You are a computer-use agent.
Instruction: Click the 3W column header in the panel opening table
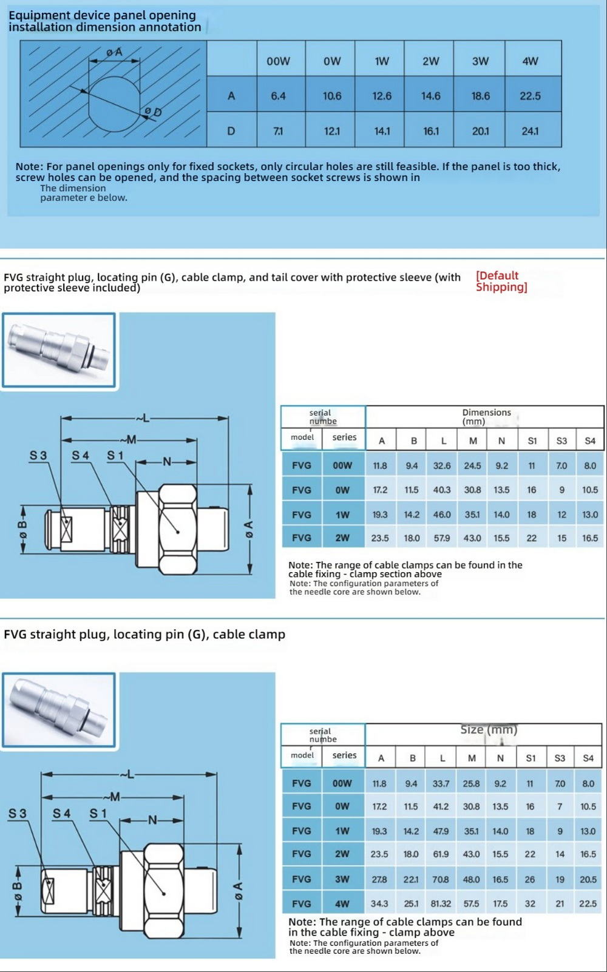point(480,61)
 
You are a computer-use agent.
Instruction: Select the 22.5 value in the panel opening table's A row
point(530,96)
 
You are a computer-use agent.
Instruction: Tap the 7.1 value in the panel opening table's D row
point(278,131)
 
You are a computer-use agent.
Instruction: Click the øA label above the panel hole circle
point(114,53)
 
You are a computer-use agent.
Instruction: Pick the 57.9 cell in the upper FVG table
point(442,538)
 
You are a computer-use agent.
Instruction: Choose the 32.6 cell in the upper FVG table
point(442,466)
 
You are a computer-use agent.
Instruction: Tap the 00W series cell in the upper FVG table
point(342,466)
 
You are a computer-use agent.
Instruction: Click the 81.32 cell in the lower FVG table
point(441,903)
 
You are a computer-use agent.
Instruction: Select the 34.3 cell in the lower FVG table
point(379,903)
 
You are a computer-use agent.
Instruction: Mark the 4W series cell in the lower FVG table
point(342,903)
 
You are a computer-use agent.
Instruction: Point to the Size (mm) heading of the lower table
point(489,730)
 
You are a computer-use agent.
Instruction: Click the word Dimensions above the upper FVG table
point(487,413)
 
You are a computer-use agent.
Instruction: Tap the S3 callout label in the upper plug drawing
point(38,455)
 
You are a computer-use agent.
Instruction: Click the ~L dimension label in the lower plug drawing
point(127,774)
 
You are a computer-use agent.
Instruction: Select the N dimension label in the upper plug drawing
point(166,462)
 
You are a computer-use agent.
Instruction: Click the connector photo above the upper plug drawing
point(59,350)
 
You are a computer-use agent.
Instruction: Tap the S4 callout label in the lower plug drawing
point(61,813)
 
